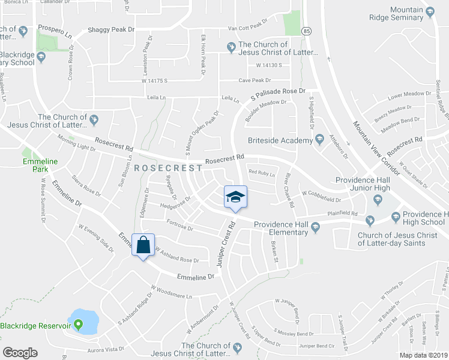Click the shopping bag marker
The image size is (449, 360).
(143, 245)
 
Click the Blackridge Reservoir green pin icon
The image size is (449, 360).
(78, 325)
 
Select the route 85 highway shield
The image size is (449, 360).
(307, 30)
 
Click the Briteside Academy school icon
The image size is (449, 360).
(320, 140)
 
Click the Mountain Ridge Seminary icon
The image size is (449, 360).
(430, 11)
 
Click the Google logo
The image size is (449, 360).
(20, 352)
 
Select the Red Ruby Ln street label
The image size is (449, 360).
(262, 175)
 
